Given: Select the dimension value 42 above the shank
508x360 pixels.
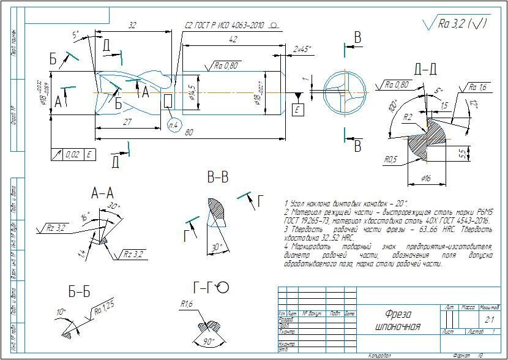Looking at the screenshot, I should [x=232, y=39].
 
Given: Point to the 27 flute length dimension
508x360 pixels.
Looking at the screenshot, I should [x=129, y=122].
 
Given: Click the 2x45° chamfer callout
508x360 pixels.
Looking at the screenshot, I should [x=302, y=48].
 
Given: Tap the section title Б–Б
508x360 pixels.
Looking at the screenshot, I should [x=80, y=293].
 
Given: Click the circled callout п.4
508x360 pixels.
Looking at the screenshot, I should [x=173, y=125].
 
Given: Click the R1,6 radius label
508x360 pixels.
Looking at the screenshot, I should [x=187, y=304].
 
